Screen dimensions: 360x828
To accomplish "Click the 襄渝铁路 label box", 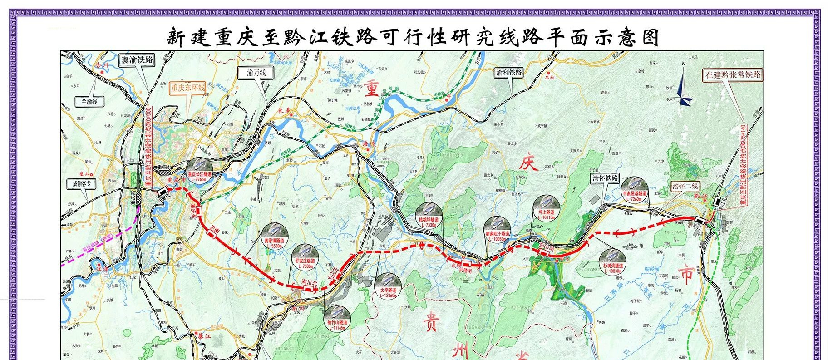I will (x=137, y=60).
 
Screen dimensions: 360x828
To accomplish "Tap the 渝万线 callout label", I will (x=256, y=73).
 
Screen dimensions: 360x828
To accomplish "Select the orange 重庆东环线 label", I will (x=188, y=88).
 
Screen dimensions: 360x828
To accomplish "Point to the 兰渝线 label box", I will (x=89, y=102).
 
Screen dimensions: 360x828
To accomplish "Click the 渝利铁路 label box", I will (x=509, y=73).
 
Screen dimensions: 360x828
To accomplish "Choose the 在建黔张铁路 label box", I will (x=733, y=75).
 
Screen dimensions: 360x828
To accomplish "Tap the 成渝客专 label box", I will (x=82, y=184).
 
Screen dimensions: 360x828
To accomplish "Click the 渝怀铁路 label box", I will (x=605, y=178).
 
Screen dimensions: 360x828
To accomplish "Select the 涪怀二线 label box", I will (x=685, y=186).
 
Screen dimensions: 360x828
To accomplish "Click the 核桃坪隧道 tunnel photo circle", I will (x=428, y=215).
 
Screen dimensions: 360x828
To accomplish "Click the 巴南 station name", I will (x=215, y=226).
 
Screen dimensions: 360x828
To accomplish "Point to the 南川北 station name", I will (x=309, y=282).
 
